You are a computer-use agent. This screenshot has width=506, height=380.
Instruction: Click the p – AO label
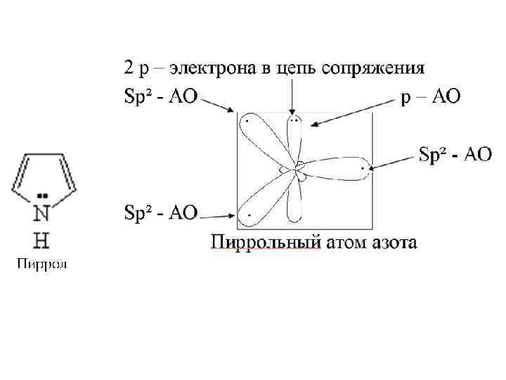click(x=430, y=96)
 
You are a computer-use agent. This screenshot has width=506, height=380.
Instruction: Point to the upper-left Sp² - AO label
click(x=161, y=96)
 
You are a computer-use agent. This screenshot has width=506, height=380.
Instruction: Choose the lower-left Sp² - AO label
click(x=161, y=212)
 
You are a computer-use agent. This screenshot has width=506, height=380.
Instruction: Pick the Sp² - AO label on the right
click(x=455, y=154)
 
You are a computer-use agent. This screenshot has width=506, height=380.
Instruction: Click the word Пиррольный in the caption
click(x=266, y=243)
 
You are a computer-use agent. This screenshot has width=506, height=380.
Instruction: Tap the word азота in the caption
click(x=393, y=243)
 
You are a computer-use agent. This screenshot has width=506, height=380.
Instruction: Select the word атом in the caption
click(x=345, y=243)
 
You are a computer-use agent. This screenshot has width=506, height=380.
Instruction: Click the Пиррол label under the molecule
click(x=42, y=265)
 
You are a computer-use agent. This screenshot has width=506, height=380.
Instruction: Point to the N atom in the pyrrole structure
click(x=42, y=213)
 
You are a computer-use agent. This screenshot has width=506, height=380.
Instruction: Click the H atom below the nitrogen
click(x=42, y=241)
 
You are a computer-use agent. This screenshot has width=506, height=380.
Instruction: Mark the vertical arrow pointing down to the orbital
click(x=292, y=95)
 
